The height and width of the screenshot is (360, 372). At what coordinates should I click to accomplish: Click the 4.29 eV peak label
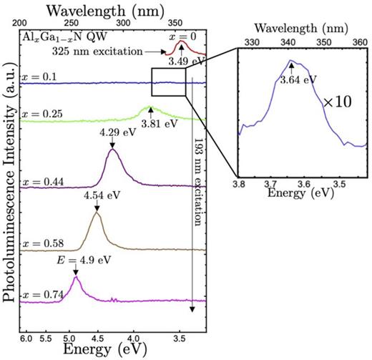pos(112,132)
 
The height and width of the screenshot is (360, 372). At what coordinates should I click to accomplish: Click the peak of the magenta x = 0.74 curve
pos(77,278)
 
